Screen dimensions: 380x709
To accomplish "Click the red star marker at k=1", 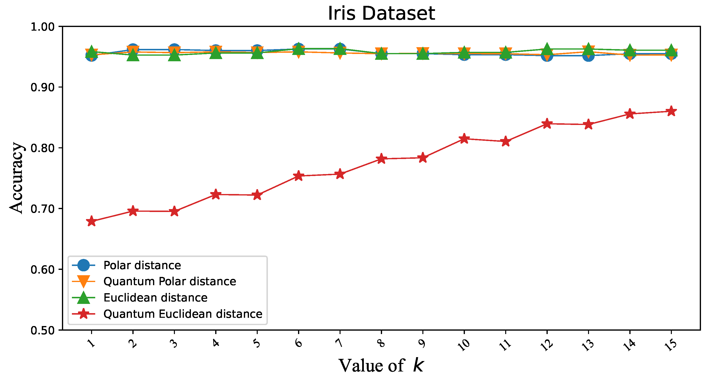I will click(x=91, y=221).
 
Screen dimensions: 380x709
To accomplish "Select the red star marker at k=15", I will click(x=671, y=111).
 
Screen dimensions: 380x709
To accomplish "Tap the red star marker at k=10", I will click(x=464, y=139).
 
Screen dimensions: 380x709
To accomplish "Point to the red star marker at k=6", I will click(x=299, y=176).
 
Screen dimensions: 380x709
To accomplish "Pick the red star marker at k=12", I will click(x=547, y=124).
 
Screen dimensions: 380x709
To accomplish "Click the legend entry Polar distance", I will click(x=142, y=265).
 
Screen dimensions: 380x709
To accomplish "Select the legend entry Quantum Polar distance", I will click(x=170, y=281).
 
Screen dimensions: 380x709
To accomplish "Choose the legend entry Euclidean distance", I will click(x=155, y=298).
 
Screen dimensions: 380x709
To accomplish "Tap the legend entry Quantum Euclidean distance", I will click(x=183, y=314).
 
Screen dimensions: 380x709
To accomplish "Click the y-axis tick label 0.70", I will click(x=43, y=209).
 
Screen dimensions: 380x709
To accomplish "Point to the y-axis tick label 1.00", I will click(x=43, y=27).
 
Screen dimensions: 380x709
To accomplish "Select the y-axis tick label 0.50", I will click(x=43, y=330).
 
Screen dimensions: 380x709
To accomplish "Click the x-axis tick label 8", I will click(x=381, y=343).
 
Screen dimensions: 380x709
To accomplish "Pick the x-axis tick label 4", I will click(x=216, y=343).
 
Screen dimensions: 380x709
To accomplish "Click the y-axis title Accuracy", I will click(x=16, y=178).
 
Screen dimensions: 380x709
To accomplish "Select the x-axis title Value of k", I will click(x=381, y=366).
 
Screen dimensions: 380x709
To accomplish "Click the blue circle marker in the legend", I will click(x=83, y=265).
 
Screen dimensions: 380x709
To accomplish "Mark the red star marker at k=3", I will click(x=174, y=211).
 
